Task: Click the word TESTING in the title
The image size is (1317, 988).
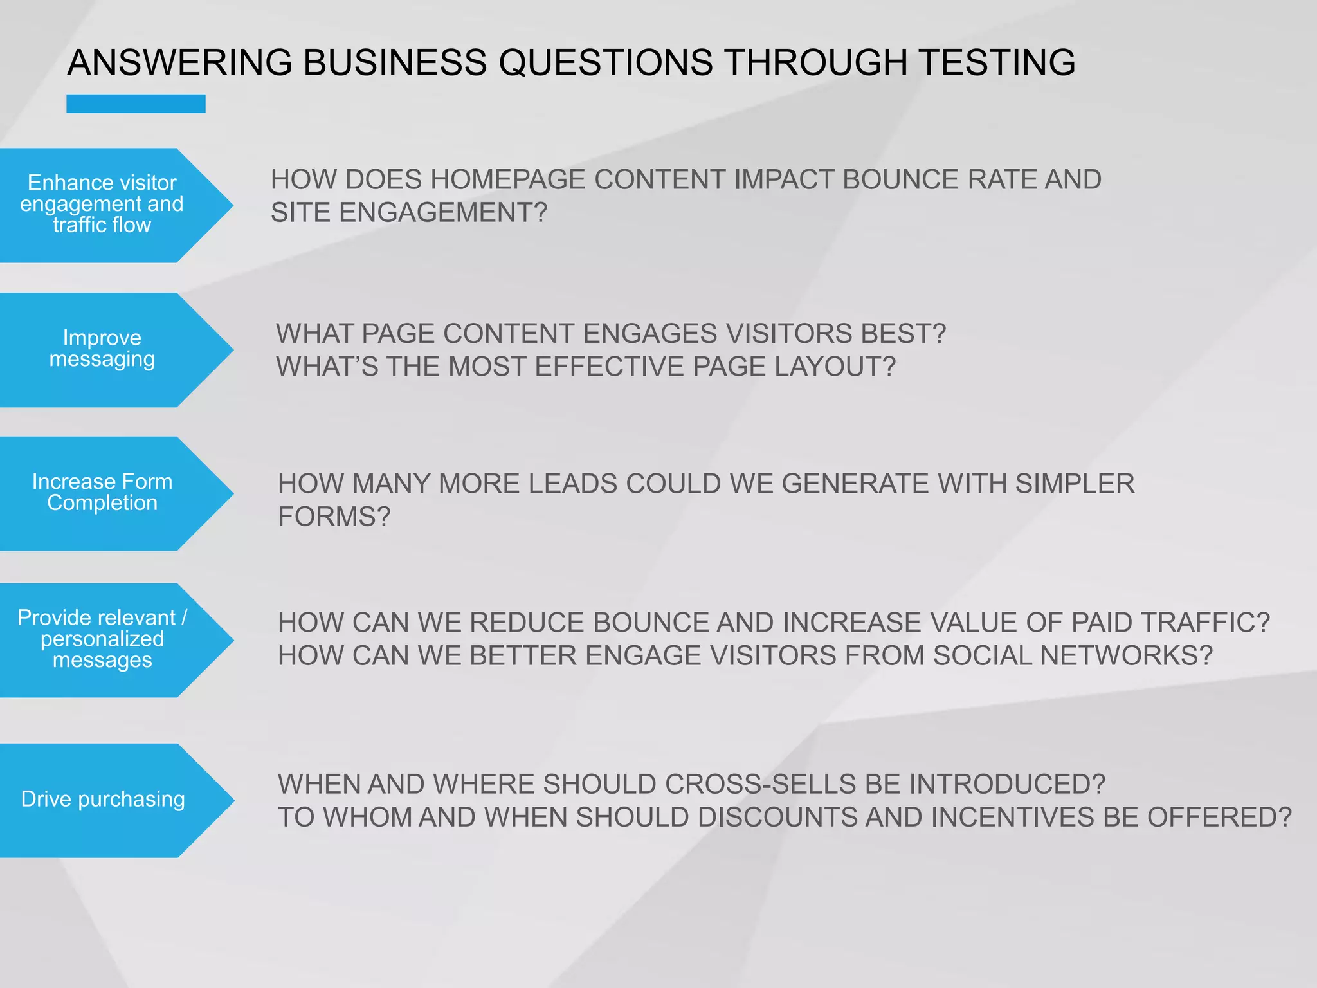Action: point(996,62)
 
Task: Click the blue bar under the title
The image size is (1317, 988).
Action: point(136,104)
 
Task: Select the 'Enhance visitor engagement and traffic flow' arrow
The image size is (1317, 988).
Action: point(103,204)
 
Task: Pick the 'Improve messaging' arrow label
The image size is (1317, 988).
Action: point(103,349)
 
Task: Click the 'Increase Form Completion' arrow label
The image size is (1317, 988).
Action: point(103,492)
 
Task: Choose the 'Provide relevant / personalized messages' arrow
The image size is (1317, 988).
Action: point(103,639)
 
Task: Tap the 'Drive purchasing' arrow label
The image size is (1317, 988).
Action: point(103,799)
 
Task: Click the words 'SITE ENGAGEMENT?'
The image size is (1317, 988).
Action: point(409,213)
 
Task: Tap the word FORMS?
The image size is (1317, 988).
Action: point(334,517)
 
